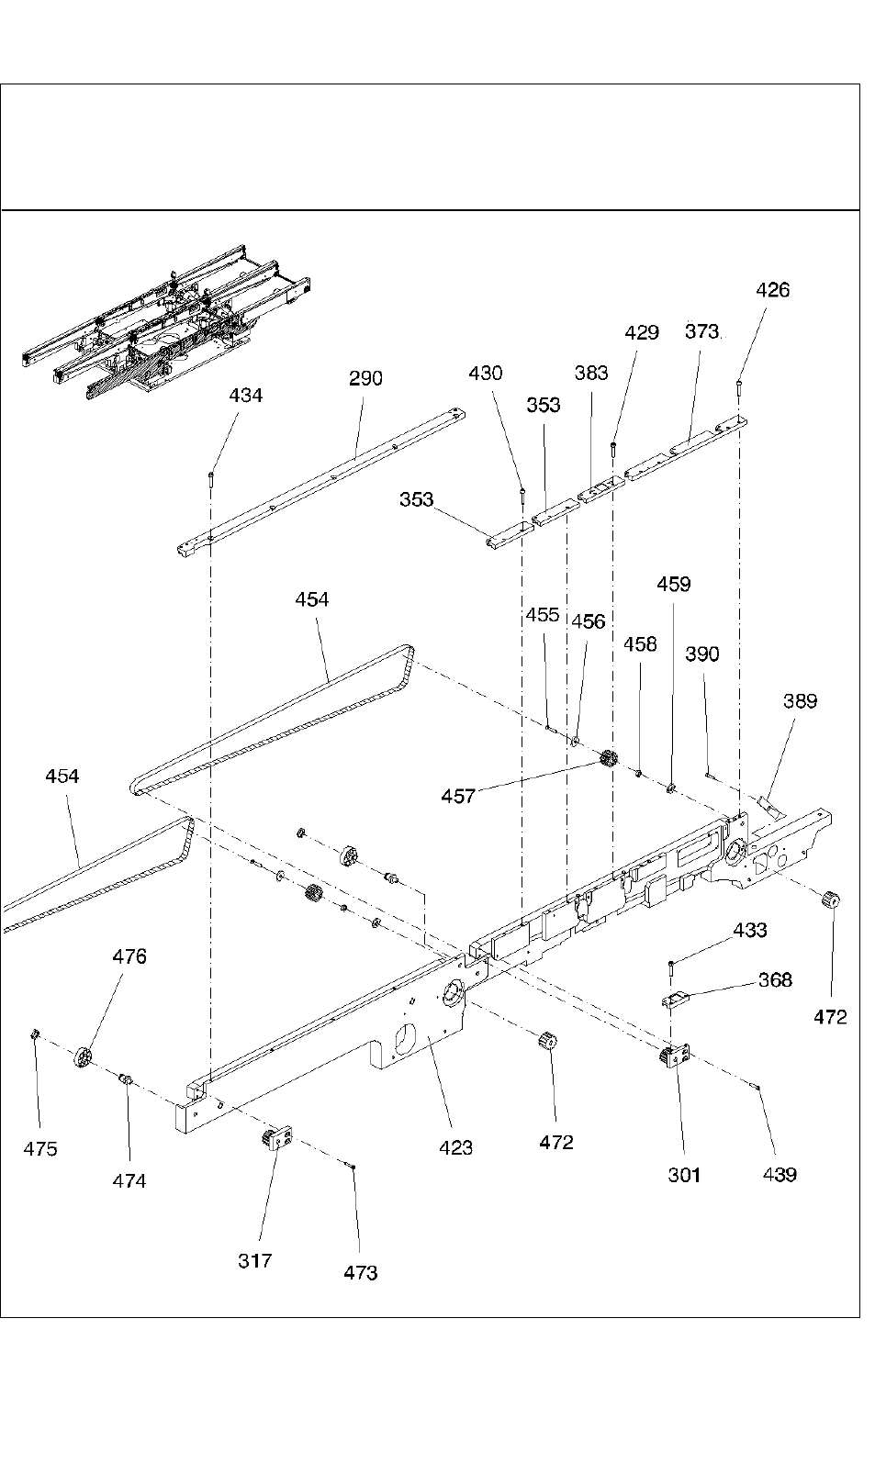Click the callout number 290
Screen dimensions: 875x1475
tap(365, 378)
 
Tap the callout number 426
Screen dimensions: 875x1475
tap(772, 290)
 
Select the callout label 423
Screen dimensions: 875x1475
tap(456, 1147)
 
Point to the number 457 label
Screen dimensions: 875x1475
tap(458, 796)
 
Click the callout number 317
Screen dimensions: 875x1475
tap(255, 1260)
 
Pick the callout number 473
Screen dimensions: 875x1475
tap(361, 1273)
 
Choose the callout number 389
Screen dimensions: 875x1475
tap(800, 700)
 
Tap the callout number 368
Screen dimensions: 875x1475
tap(775, 980)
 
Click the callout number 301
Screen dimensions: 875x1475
tap(684, 1175)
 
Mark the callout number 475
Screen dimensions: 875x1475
tap(40, 1149)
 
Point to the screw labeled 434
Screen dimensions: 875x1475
tap(211, 479)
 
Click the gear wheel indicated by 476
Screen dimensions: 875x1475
tap(82, 1056)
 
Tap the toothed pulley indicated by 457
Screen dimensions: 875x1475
tap(608, 758)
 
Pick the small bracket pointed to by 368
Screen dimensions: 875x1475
tap(674, 1000)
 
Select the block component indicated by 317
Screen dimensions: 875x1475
tap(277, 1136)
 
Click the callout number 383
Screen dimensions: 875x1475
tap(591, 373)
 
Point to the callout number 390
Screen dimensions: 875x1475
tap(701, 654)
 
